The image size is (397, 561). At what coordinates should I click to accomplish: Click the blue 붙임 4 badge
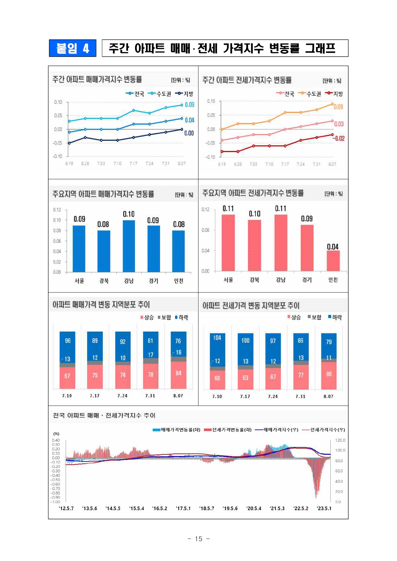(x=72, y=48)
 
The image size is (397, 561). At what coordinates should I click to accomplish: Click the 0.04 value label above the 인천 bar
(x=333, y=247)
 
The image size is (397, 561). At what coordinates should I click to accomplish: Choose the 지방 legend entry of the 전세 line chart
(x=334, y=94)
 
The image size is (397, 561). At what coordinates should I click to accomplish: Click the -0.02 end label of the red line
(x=338, y=139)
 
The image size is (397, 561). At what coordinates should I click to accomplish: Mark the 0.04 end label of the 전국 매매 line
(x=190, y=120)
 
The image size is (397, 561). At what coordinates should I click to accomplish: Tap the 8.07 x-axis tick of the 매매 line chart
(x=182, y=164)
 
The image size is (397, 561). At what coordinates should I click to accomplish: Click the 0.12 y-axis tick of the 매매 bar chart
(x=57, y=210)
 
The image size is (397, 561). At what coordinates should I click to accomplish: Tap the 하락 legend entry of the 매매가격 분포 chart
(x=182, y=317)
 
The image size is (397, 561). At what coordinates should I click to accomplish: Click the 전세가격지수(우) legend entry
(x=324, y=430)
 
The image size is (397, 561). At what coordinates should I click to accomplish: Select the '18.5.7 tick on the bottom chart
(x=207, y=508)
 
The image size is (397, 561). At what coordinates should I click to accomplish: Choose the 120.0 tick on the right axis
(x=340, y=440)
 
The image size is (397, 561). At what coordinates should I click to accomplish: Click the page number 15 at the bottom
(x=199, y=539)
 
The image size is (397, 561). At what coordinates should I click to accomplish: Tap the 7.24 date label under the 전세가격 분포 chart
(x=273, y=397)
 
